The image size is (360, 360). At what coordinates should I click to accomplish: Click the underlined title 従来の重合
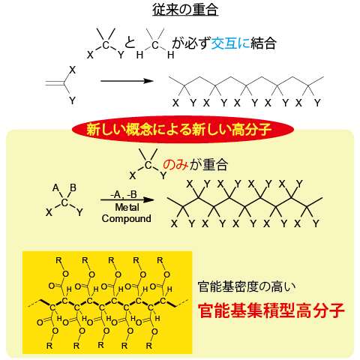click(185, 10)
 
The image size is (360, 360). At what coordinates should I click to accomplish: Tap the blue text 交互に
click(230, 43)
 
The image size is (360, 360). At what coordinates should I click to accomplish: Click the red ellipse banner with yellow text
click(182, 129)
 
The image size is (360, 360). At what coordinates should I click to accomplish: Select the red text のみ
click(175, 165)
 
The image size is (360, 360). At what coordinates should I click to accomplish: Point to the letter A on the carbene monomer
click(55, 187)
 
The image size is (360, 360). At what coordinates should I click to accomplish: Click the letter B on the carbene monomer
click(73, 187)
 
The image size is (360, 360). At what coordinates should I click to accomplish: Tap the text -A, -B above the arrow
click(124, 194)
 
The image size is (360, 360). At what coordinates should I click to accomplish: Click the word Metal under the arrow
click(127, 207)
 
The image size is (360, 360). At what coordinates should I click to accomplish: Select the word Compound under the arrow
click(126, 218)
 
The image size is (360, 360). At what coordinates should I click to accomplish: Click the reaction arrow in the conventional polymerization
click(127, 81)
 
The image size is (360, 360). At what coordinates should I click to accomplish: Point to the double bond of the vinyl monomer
click(55, 83)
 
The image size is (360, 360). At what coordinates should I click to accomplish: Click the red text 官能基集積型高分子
click(271, 310)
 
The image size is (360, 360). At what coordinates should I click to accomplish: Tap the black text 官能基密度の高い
click(246, 286)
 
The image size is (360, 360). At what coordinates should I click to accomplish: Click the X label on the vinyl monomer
click(72, 70)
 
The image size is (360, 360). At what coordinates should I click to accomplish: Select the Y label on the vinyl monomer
click(72, 100)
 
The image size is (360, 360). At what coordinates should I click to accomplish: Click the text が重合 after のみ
click(208, 165)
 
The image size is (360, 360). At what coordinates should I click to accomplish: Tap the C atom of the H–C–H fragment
click(155, 45)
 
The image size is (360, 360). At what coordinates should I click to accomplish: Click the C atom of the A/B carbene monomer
click(64, 202)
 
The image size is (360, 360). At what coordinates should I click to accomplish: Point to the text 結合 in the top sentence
click(263, 43)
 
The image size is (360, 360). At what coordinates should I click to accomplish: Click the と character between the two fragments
click(130, 43)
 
